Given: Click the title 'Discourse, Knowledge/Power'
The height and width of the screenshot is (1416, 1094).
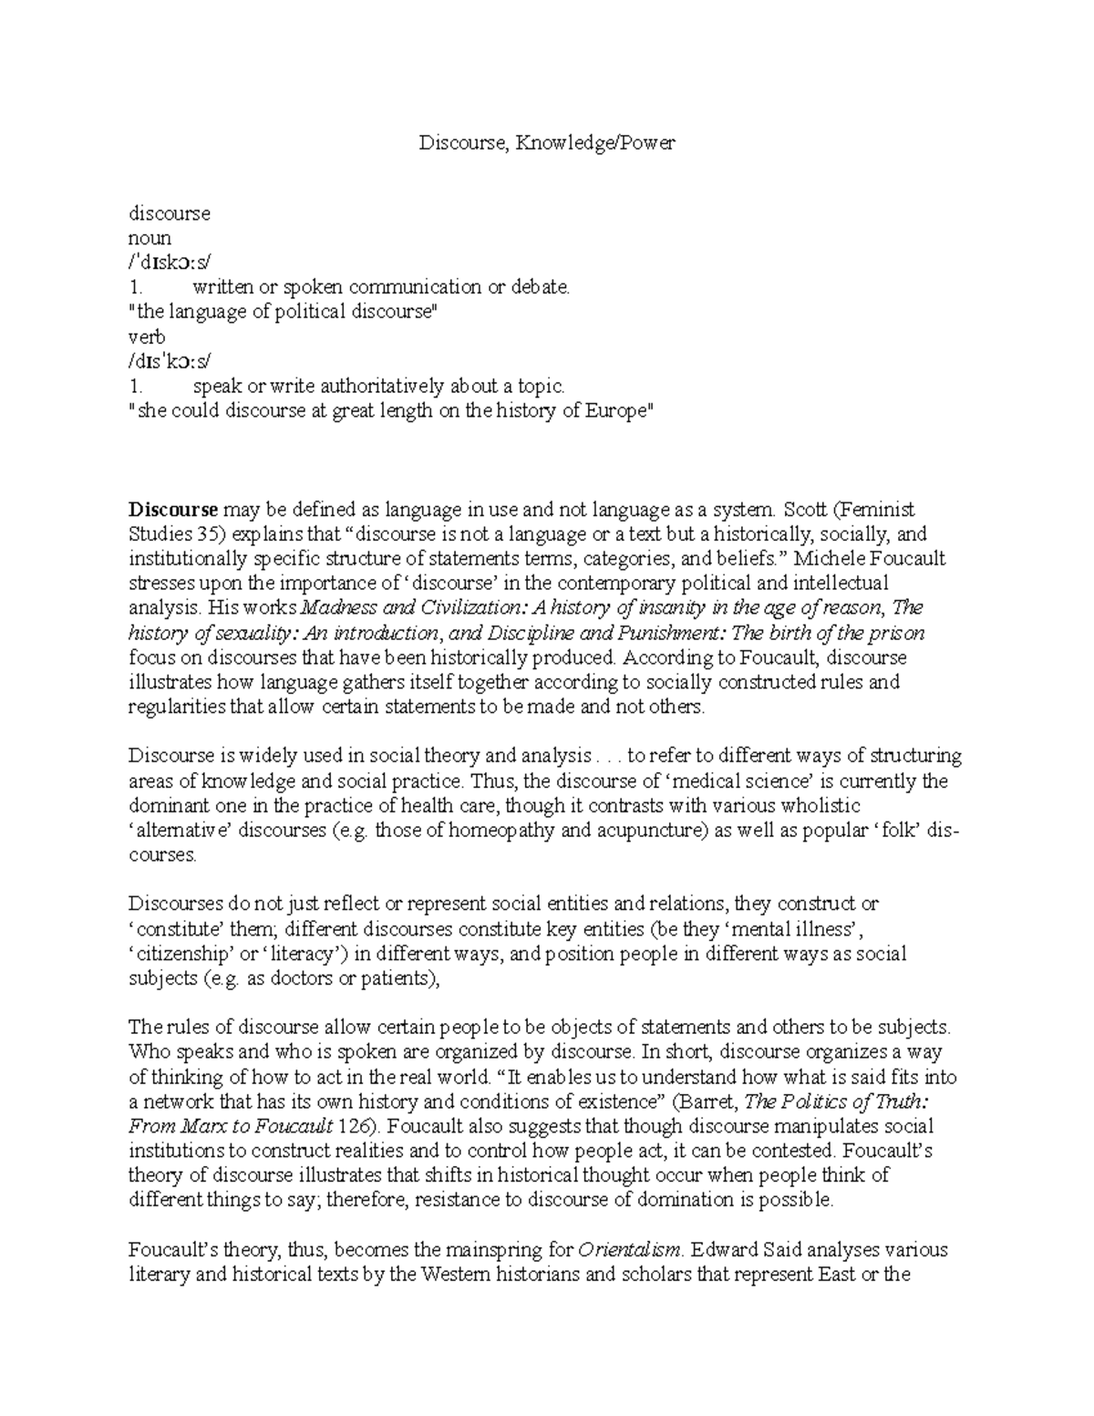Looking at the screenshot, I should point(547,143).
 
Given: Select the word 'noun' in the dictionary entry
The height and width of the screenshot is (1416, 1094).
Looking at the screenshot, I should point(150,238).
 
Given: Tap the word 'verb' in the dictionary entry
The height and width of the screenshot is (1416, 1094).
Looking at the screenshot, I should point(147,336).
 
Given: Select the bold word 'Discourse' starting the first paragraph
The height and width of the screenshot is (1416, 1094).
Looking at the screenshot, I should point(173,509).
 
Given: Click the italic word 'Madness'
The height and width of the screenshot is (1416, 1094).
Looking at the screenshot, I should point(332,607).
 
